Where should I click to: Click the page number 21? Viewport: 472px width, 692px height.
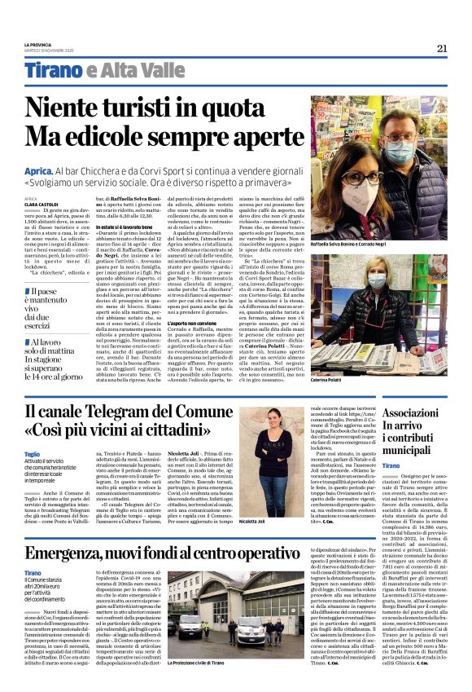442,48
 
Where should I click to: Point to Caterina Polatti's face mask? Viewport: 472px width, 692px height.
377,280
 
